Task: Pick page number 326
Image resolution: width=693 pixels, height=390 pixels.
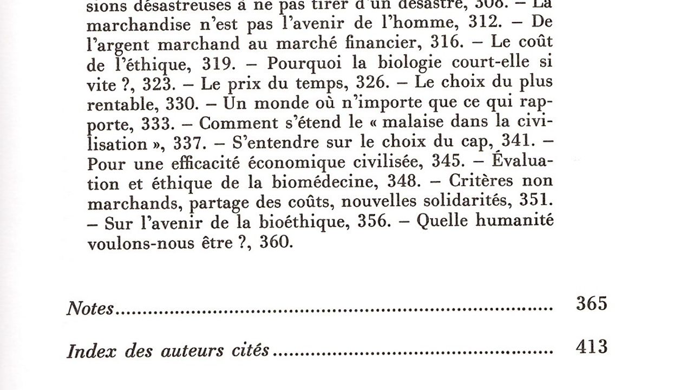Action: pyautogui.click(x=372, y=83)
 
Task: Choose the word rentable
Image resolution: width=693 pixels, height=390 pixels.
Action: pyautogui.click(x=117, y=103)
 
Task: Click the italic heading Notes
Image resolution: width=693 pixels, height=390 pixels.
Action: pyautogui.click(x=90, y=309)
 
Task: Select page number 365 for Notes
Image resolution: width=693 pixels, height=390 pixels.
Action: pyautogui.click(x=591, y=304)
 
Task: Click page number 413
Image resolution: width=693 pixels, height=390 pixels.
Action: pyautogui.click(x=591, y=347)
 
